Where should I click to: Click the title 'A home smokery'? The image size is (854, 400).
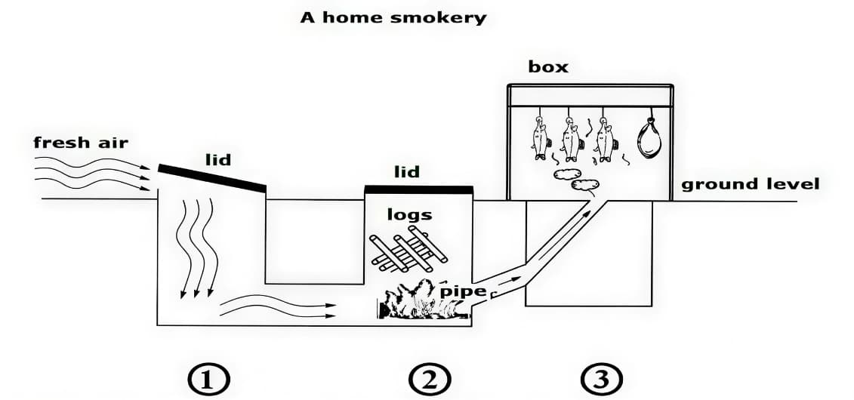[393, 17]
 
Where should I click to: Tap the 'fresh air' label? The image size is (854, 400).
[81, 142]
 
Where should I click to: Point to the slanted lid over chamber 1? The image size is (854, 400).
[212, 177]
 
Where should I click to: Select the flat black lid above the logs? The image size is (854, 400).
[418, 189]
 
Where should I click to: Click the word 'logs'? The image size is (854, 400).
[409, 214]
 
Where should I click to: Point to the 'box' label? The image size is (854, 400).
[548, 66]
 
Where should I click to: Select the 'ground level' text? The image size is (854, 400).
[750, 183]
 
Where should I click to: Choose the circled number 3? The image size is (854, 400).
[602, 378]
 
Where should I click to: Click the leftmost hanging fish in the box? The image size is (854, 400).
[540, 137]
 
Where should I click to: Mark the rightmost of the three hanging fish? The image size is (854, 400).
[604, 138]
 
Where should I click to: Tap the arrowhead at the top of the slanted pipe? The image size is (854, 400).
[587, 212]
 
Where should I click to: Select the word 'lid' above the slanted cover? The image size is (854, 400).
[217, 159]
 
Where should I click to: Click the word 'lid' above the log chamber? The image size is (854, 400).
[407, 172]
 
